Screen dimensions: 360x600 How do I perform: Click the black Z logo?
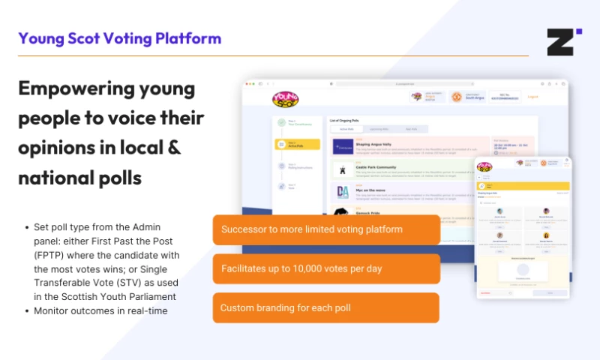(563, 41)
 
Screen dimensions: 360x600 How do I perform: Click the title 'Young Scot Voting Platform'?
(120, 38)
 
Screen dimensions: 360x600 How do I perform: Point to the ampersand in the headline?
(172, 147)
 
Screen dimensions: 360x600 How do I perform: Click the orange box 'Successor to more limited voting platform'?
(326, 229)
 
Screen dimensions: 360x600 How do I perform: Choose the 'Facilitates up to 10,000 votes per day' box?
(326, 268)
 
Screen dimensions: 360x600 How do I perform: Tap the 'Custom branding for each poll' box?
(326, 307)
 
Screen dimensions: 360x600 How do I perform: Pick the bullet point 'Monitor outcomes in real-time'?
(100, 311)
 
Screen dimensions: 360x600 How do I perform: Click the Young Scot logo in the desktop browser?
(285, 98)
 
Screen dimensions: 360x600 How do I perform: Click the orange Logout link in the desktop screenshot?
(533, 97)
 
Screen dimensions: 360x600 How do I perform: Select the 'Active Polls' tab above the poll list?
(346, 129)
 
